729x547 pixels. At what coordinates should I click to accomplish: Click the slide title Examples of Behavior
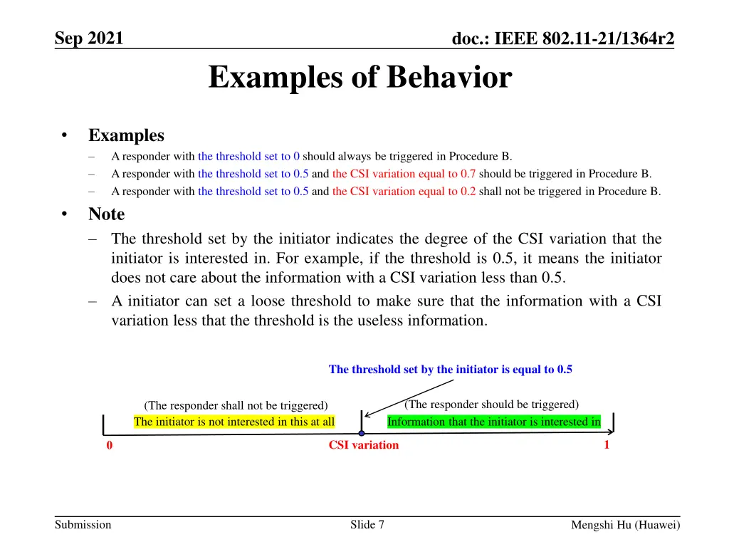[x=360, y=78]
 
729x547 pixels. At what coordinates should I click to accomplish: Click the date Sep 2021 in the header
[x=89, y=37]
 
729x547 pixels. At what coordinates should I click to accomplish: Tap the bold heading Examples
[x=126, y=135]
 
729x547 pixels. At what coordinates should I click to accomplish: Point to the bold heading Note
[x=106, y=214]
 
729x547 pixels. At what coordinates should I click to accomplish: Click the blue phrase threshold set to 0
[x=248, y=156]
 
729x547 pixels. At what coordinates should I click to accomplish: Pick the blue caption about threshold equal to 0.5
[x=450, y=369]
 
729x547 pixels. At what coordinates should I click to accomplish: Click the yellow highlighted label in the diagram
[x=234, y=422]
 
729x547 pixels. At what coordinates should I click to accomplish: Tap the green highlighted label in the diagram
[x=493, y=422]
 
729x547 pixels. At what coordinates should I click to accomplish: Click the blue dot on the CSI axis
[x=362, y=433]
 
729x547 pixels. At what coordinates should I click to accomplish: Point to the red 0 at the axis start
[x=110, y=446]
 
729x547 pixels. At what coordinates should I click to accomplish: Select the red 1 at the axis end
[x=607, y=445]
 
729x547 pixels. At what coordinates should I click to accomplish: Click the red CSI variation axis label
[x=363, y=445]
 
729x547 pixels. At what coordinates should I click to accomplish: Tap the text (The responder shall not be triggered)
[x=236, y=405]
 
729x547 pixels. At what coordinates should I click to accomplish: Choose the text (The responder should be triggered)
[x=491, y=405]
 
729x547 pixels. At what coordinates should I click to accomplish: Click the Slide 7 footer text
[x=367, y=525]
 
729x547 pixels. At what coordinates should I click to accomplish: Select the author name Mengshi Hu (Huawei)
[x=626, y=526]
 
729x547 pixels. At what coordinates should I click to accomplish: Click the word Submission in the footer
[x=83, y=525]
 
